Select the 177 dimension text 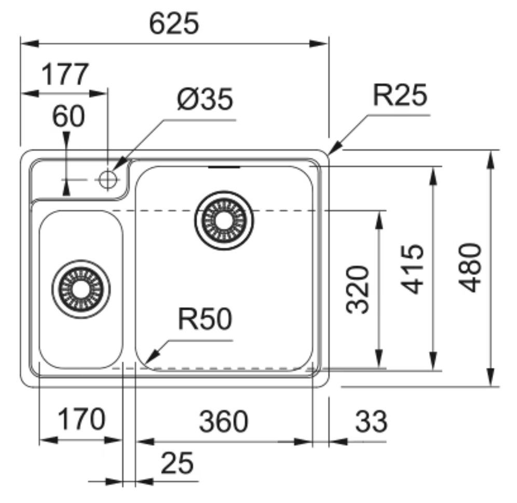(x=65, y=75)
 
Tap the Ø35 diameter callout (x=205, y=100)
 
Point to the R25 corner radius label (x=400, y=96)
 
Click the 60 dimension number (x=68, y=117)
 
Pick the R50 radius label (x=204, y=320)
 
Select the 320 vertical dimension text (x=358, y=289)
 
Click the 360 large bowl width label (x=223, y=421)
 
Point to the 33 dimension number (x=371, y=421)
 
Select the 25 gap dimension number (x=177, y=462)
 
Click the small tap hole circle (x=107, y=179)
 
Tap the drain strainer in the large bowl (x=225, y=221)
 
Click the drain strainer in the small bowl (x=81, y=288)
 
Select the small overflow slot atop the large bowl (x=224, y=167)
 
